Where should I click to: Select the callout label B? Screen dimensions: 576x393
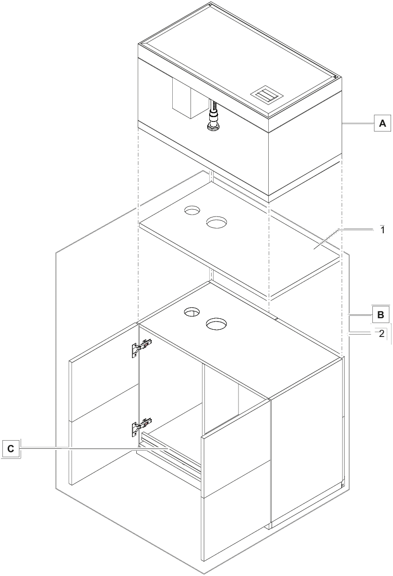click(380, 315)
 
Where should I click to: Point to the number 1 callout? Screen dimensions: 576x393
click(382, 229)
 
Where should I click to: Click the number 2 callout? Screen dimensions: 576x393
click(381, 334)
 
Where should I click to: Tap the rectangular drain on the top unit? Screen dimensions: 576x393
click(265, 95)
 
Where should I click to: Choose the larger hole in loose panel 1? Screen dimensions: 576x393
click(216, 222)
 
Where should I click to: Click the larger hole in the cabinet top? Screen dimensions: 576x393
click(216, 324)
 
